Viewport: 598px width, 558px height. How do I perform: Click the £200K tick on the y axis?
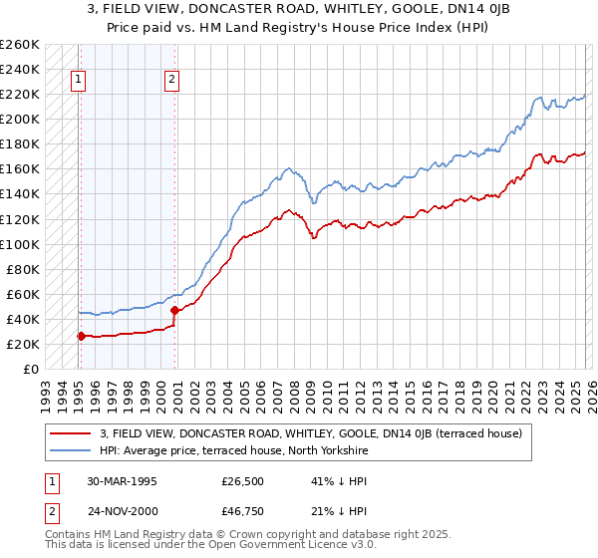coord(20,119)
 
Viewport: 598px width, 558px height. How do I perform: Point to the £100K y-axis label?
coord(20,244)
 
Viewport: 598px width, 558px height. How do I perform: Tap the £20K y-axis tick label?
coord(23,344)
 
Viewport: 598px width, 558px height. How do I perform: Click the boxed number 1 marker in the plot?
coord(79,82)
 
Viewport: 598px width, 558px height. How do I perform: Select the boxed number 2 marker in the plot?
coord(172,82)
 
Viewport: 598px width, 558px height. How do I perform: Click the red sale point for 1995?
coord(81,336)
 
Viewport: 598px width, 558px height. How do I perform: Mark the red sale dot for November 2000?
coord(174,310)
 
